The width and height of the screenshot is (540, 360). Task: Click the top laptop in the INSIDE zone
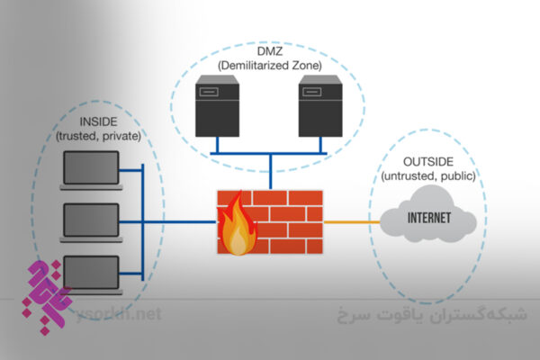point(91,169)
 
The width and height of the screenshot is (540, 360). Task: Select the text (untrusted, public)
point(423,175)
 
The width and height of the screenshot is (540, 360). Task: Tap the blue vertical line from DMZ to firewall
point(268,171)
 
